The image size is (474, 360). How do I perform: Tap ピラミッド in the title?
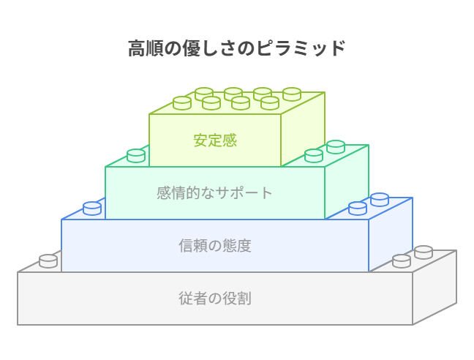click(x=301, y=48)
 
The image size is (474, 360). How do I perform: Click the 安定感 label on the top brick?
click(x=215, y=140)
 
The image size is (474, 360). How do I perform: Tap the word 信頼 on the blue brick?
click(x=193, y=245)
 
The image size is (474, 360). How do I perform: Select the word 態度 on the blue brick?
click(x=237, y=245)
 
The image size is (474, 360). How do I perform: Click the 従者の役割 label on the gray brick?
click(x=215, y=299)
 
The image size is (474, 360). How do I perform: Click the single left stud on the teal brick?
click(x=136, y=156)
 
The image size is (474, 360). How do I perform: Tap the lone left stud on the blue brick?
click(x=92, y=209)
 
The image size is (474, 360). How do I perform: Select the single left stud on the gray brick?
click(x=48, y=261)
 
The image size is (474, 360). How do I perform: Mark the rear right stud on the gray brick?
click(x=424, y=252)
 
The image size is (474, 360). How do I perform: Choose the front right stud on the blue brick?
click(x=358, y=209)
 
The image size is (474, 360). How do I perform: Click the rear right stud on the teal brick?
click(x=336, y=147)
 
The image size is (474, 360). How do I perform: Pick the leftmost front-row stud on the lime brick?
click(x=182, y=103)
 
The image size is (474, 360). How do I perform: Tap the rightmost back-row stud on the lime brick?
click(x=292, y=94)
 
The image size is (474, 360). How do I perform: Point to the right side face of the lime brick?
click(x=303, y=129)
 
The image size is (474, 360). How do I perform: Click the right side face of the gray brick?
click(x=434, y=287)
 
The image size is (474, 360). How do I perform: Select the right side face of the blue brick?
click(x=391, y=234)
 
